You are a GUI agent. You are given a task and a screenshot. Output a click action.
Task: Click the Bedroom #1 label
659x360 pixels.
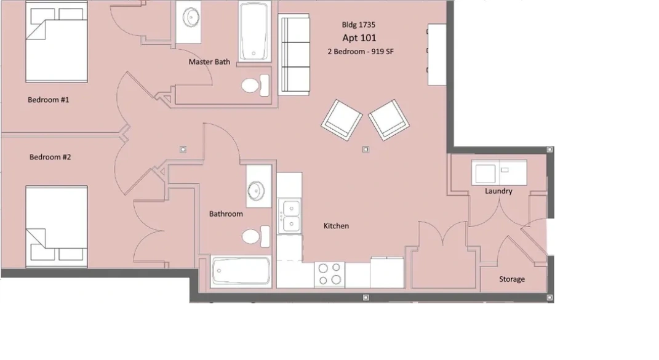point(49,100)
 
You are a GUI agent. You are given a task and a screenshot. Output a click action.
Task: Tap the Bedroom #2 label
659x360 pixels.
point(50,157)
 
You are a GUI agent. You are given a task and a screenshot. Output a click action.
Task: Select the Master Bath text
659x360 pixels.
point(209,62)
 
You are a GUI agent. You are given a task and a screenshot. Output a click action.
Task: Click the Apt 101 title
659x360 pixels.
point(359,38)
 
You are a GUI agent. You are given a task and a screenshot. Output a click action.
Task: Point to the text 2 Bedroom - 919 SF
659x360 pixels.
point(361,51)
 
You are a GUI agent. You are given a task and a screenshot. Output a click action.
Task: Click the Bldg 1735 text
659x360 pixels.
point(359,25)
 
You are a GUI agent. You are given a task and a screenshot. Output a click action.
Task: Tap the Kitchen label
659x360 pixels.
point(336,226)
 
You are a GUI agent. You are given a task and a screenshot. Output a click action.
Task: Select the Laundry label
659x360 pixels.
point(498,191)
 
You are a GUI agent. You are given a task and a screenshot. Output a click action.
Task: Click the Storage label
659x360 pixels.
point(512,279)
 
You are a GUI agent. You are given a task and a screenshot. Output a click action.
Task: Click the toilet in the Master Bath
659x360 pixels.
point(255,86)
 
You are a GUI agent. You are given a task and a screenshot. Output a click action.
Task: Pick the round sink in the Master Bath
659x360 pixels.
point(191,18)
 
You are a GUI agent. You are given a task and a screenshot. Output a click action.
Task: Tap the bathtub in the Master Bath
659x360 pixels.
point(254,31)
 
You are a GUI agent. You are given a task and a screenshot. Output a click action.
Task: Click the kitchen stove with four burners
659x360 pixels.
point(330,274)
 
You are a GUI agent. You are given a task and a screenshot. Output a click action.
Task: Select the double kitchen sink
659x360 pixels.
point(290,215)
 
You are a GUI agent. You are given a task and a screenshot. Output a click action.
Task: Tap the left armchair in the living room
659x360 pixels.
point(341,120)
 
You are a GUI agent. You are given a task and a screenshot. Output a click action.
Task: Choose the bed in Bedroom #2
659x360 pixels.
point(57,226)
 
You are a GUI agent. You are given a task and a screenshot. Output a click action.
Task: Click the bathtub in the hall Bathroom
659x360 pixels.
point(241,271)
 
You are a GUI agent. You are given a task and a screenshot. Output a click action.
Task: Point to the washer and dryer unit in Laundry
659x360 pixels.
point(499,172)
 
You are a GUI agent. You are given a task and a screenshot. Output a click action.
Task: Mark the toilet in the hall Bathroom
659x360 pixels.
point(256,236)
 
